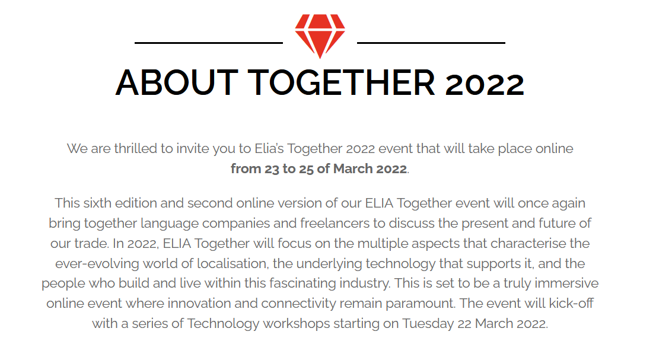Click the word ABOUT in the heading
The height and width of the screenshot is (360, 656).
tap(177, 82)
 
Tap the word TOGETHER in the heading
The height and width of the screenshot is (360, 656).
tap(342, 82)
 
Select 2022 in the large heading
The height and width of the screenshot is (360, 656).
tap(485, 84)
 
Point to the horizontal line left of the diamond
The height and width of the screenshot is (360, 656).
tap(209, 43)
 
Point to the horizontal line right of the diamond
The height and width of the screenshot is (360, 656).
tap(431, 43)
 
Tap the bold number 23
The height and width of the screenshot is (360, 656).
tap(272, 168)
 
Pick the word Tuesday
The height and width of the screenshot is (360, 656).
tap(428, 324)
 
